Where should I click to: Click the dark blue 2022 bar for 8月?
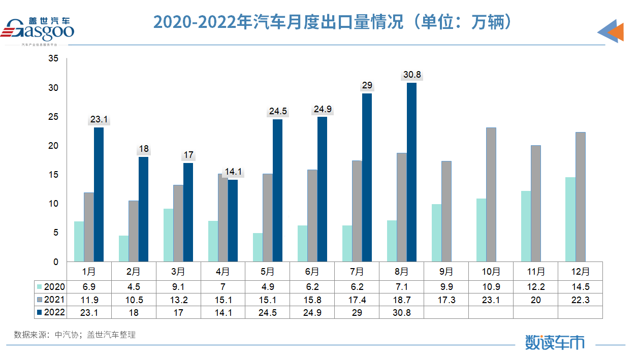click(411, 172)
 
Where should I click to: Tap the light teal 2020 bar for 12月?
click(570, 219)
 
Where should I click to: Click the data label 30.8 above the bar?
click(411, 75)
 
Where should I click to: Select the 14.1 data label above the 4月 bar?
click(233, 172)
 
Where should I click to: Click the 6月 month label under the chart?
click(312, 271)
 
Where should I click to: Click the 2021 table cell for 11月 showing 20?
click(536, 300)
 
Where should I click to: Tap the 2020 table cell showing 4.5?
click(134, 287)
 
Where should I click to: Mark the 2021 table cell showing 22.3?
click(580, 300)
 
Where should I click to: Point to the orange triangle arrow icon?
click(616, 31)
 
